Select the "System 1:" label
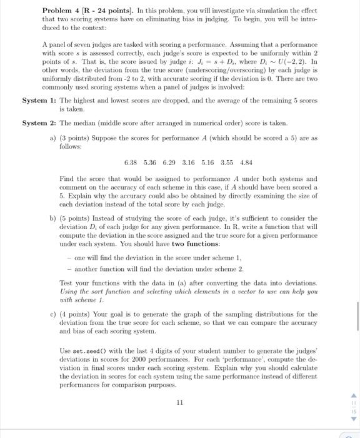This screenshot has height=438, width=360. pos(39,101)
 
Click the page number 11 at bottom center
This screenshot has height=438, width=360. pos(179,403)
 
